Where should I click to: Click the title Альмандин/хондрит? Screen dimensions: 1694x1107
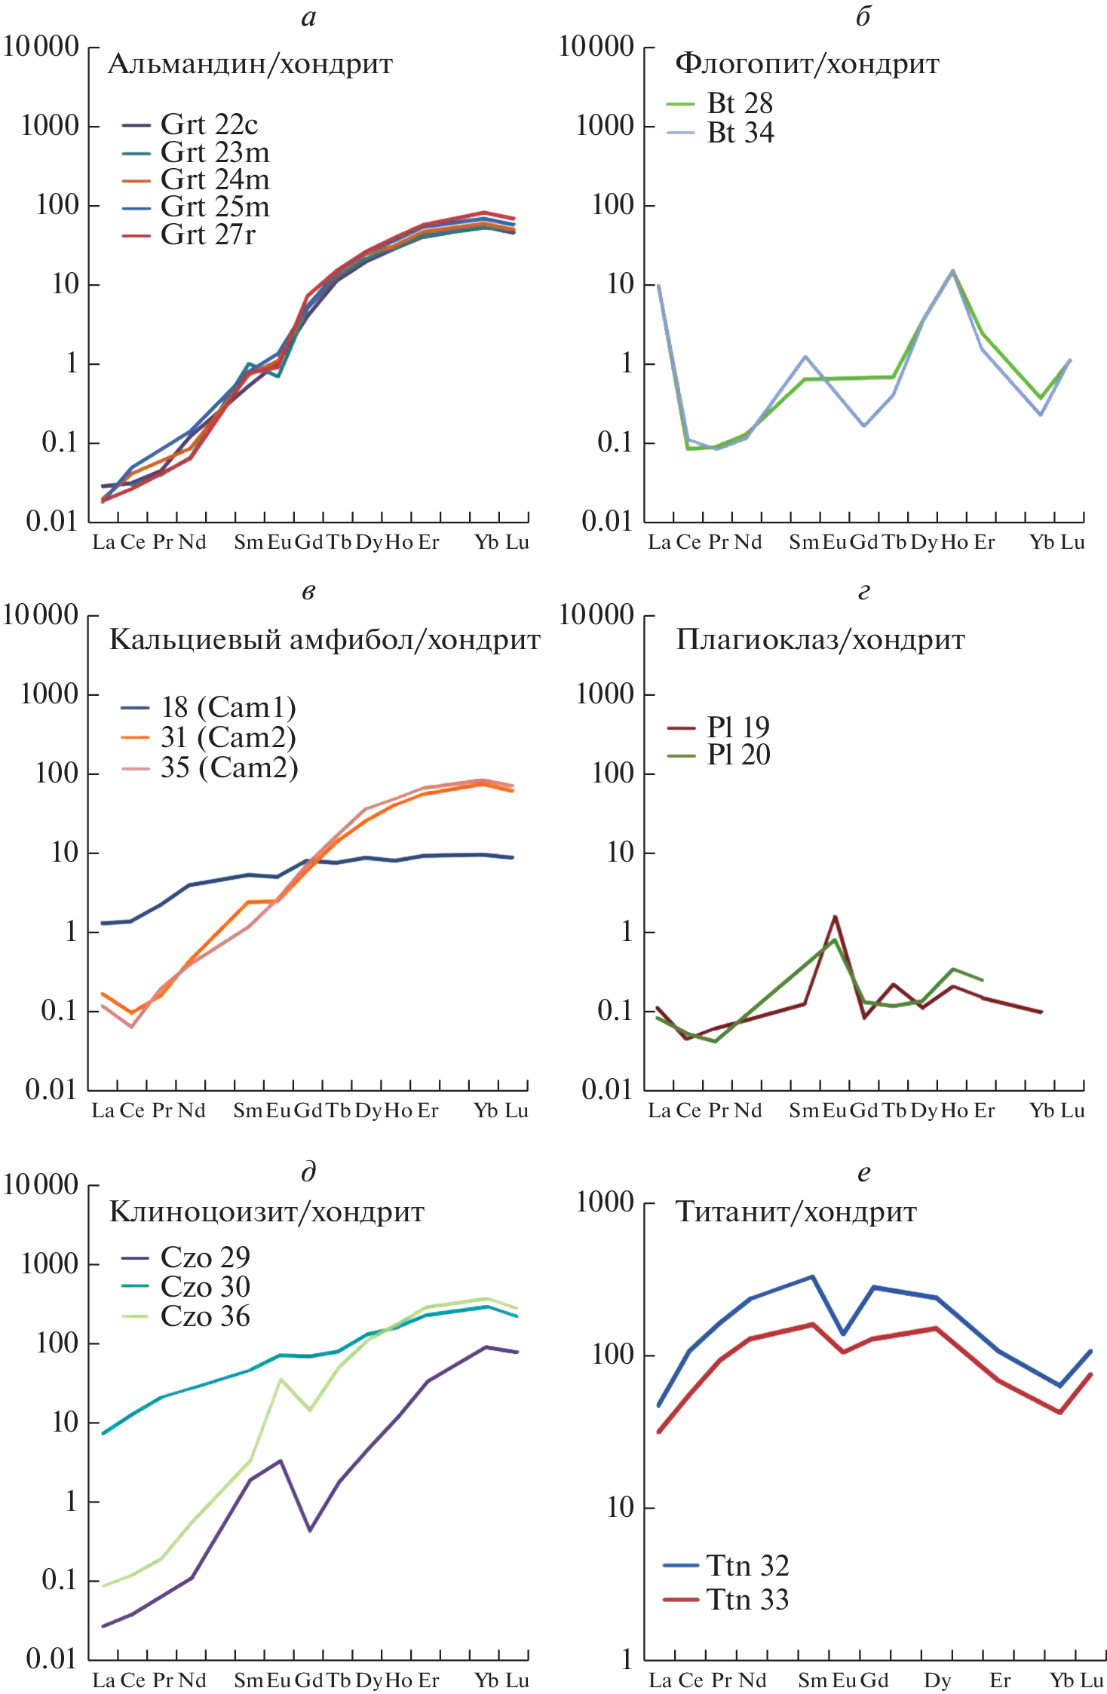tap(250, 64)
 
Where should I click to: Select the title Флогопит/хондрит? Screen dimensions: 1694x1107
tap(806, 64)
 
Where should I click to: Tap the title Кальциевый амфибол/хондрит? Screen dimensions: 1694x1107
tap(324, 640)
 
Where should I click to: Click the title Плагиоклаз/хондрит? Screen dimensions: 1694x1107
tap(820, 640)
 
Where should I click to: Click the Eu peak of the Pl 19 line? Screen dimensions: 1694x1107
tap(835, 917)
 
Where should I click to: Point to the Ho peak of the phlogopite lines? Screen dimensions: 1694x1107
tap(952, 271)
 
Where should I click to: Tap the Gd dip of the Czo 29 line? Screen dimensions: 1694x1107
tap(310, 1530)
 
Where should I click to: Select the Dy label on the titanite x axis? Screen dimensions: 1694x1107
tap(937, 1680)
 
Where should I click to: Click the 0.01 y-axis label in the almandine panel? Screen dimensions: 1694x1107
tap(51, 521)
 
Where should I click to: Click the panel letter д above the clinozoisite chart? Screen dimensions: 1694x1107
tap(308, 1172)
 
